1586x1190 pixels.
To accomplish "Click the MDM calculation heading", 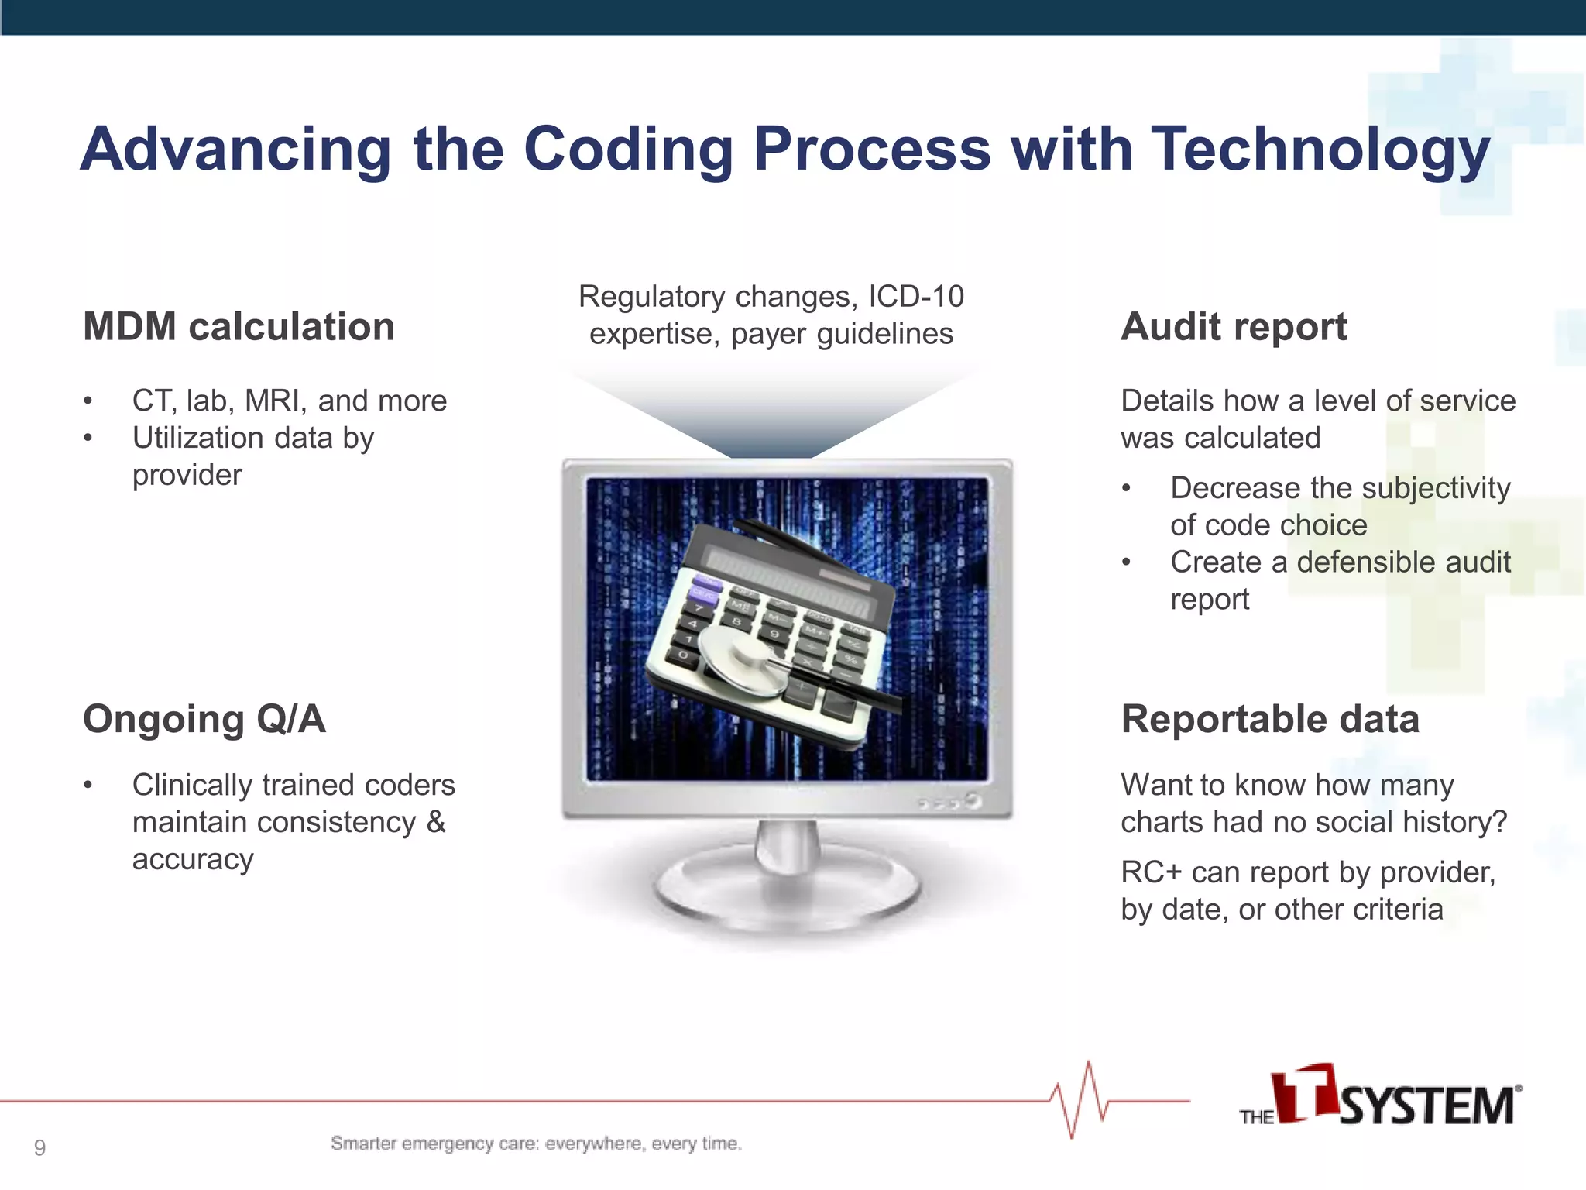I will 239,326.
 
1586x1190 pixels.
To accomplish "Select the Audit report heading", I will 1234,326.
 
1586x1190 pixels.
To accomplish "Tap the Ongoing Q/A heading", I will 204,719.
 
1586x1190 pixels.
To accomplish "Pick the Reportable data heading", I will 1270,719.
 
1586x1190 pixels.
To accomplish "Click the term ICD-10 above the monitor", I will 916,296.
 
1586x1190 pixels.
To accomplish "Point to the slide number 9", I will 39,1147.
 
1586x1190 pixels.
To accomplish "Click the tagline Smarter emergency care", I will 536,1144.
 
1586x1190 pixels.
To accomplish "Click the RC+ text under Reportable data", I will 1152,872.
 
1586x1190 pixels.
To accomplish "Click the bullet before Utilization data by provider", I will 88,439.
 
